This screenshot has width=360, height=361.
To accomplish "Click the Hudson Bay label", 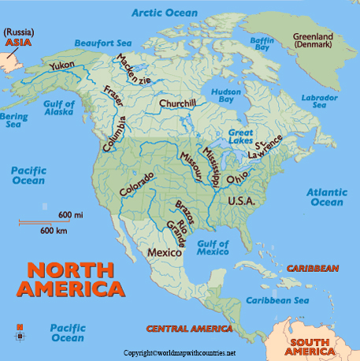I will [x=226, y=96].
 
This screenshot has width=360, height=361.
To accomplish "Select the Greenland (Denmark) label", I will [x=313, y=40].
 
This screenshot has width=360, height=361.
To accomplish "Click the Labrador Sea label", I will [x=319, y=101].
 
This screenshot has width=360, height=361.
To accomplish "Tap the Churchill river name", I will [x=177, y=103].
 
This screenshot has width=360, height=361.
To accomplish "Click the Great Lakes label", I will [x=240, y=136].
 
